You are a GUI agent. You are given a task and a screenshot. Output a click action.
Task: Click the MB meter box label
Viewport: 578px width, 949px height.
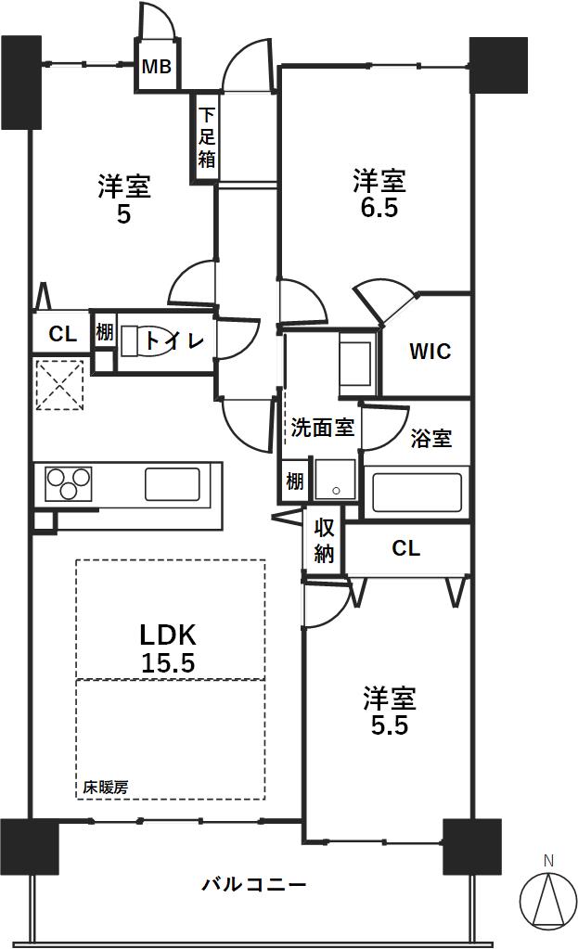click(x=156, y=67)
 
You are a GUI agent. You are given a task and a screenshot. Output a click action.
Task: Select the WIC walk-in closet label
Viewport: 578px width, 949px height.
click(x=430, y=351)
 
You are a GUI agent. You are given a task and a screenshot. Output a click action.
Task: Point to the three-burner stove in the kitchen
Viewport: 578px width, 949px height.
click(x=69, y=483)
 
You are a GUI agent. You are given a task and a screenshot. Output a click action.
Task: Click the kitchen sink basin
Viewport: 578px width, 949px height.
click(x=173, y=483)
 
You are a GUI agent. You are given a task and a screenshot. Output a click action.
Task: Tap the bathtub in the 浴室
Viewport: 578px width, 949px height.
click(x=417, y=492)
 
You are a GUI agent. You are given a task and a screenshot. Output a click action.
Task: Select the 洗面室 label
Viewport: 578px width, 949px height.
click(x=322, y=428)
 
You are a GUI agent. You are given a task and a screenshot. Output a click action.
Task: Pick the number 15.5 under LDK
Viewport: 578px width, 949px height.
click(x=168, y=663)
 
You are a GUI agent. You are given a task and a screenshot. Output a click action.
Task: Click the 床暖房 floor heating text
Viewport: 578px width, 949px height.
click(x=106, y=788)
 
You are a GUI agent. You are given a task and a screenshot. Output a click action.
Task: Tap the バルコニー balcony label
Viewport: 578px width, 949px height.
click(x=254, y=885)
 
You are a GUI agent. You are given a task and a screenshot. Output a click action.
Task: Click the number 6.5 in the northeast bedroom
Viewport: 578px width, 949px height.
click(x=379, y=208)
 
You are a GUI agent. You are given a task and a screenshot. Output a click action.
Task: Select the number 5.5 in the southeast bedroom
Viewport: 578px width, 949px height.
click(x=390, y=725)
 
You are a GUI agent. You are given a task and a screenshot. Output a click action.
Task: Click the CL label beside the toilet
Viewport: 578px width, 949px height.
click(x=62, y=333)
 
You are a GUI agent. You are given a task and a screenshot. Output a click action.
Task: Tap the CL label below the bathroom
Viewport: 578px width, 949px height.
click(x=405, y=548)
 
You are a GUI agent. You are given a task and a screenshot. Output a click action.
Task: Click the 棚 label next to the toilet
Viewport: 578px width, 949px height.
click(x=104, y=332)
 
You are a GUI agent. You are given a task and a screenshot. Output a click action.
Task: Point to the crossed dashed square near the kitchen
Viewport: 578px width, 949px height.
click(x=58, y=385)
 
